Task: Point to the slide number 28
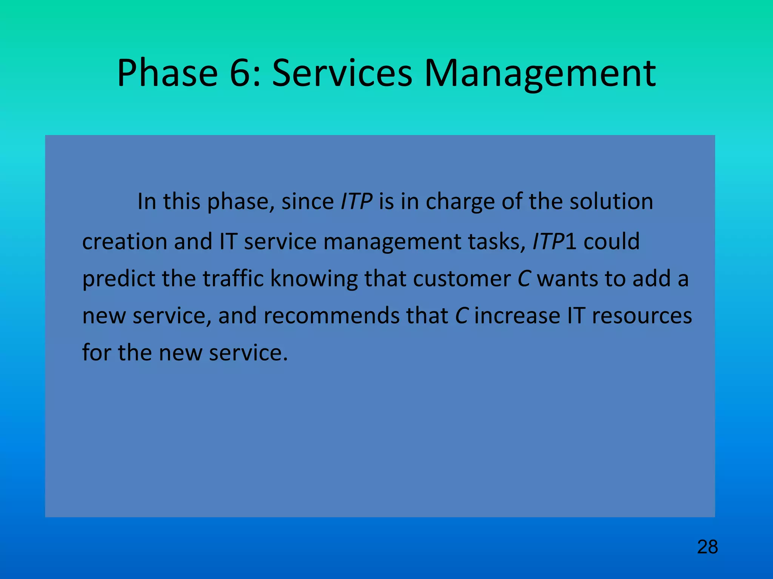tap(707, 547)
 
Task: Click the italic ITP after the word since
tap(356, 201)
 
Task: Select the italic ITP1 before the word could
tap(554, 241)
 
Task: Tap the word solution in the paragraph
tap(611, 201)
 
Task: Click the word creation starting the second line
tap(125, 241)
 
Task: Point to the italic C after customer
tap(524, 279)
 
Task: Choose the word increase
tap(517, 316)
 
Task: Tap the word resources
tap(641, 316)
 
